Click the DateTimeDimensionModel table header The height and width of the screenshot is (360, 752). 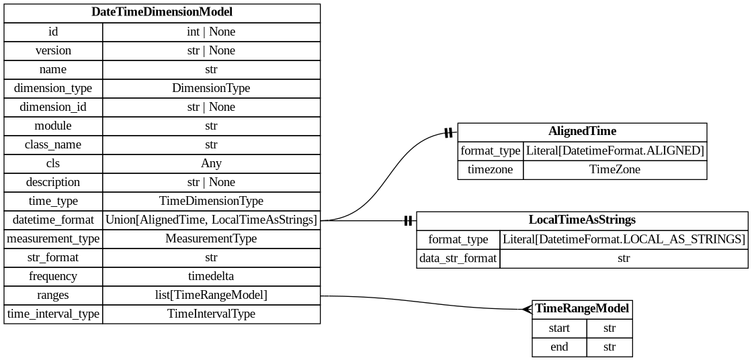[162, 12]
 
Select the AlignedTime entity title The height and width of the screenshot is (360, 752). [582, 132]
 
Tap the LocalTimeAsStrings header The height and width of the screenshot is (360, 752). [582, 220]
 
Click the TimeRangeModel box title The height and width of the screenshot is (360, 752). [582, 309]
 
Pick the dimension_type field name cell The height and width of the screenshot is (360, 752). [53, 88]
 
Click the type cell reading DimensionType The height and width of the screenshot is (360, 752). [211, 88]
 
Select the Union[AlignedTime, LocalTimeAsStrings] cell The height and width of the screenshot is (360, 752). [211, 220]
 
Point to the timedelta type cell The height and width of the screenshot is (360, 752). [211, 276]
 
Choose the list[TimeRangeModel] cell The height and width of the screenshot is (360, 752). [211, 295]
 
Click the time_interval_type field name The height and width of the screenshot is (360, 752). [53, 314]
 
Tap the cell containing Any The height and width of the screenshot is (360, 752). [211, 163]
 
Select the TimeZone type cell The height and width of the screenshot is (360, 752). [614, 170]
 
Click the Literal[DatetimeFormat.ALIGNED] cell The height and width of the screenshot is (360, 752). [614, 151]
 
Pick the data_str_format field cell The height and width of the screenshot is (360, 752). [458, 258]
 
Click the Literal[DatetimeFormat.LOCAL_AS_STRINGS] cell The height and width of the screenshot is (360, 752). [624, 239]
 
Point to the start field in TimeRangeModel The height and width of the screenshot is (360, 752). [559, 328]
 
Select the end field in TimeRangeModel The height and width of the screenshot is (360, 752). [559, 347]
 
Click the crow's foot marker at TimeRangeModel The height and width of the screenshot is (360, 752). [527, 309]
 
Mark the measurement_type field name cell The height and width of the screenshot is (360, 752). [53, 238]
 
